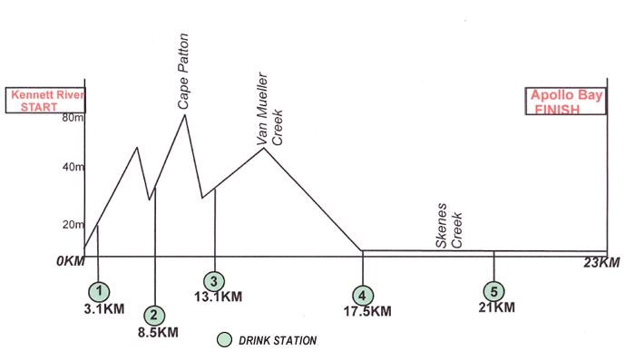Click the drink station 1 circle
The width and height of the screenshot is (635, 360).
[x=98, y=291]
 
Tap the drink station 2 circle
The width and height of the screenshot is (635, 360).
[x=155, y=315]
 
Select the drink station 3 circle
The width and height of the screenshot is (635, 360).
[x=214, y=280]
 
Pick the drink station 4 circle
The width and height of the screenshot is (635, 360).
[x=363, y=295]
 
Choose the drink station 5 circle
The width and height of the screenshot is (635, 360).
[x=493, y=292]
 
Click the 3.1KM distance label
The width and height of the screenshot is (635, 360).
[x=100, y=308]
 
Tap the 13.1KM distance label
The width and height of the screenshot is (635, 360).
[x=219, y=297]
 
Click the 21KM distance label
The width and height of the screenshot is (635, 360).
[x=495, y=307]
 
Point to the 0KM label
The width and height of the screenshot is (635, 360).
[x=69, y=261]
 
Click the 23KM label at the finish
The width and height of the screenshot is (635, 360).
[x=602, y=263]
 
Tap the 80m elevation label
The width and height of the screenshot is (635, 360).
[x=73, y=118]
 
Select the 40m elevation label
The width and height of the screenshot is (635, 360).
[x=73, y=168]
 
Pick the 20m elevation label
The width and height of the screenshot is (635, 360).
[x=73, y=225]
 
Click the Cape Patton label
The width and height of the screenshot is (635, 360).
[x=183, y=73]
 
